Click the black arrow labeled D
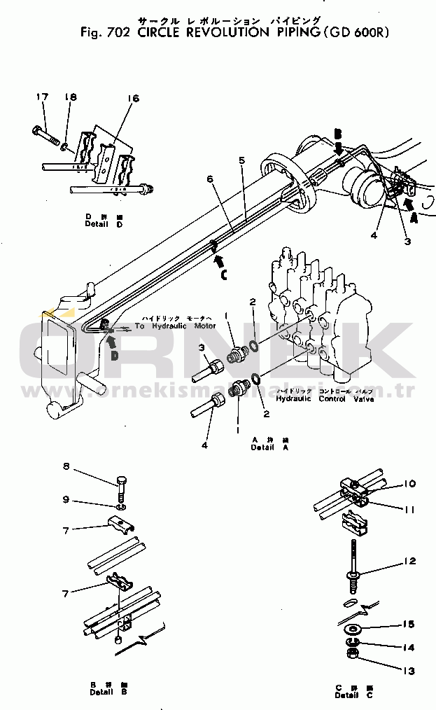(x=112, y=342)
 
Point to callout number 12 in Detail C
(x=409, y=561)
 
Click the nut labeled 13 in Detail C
(x=353, y=655)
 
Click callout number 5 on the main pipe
(x=241, y=160)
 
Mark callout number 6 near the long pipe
(x=209, y=179)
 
